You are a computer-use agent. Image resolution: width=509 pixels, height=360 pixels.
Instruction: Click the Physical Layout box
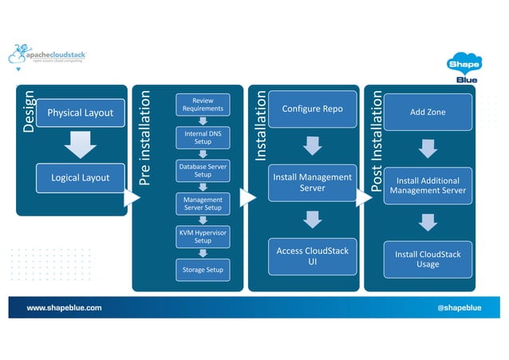click(80, 113)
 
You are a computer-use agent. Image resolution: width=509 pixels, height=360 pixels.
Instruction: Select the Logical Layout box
click(80, 177)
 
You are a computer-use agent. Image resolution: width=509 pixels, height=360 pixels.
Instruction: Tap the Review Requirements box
click(203, 105)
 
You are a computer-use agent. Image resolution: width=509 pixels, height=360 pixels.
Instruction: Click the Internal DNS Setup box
click(203, 137)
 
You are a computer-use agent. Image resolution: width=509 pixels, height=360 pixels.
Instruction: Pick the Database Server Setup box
click(203, 170)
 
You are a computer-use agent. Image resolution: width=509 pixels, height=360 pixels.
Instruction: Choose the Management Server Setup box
click(203, 204)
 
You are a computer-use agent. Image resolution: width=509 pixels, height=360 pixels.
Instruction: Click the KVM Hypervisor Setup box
click(203, 236)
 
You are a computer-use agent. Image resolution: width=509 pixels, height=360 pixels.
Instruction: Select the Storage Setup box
click(203, 270)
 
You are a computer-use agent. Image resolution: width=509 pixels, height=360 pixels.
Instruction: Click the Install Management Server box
click(312, 183)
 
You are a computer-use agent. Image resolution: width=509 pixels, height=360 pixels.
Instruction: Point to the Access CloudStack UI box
click(312, 256)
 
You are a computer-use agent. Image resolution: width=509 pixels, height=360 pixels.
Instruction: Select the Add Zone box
click(428, 113)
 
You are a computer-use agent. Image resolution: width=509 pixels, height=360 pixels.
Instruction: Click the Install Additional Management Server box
click(428, 185)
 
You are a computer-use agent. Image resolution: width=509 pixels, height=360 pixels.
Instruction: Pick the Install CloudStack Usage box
click(428, 259)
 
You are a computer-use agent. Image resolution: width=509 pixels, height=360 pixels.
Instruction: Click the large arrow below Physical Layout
click(80, 144)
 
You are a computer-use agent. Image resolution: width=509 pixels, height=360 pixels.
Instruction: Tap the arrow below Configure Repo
click(312, 145)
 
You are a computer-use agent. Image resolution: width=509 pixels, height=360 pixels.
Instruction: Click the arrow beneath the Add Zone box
click(428, 148)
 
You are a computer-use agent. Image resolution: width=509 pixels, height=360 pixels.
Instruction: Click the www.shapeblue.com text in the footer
click(64, 307)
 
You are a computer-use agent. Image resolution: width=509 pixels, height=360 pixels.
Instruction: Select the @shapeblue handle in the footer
click(459, 307)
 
